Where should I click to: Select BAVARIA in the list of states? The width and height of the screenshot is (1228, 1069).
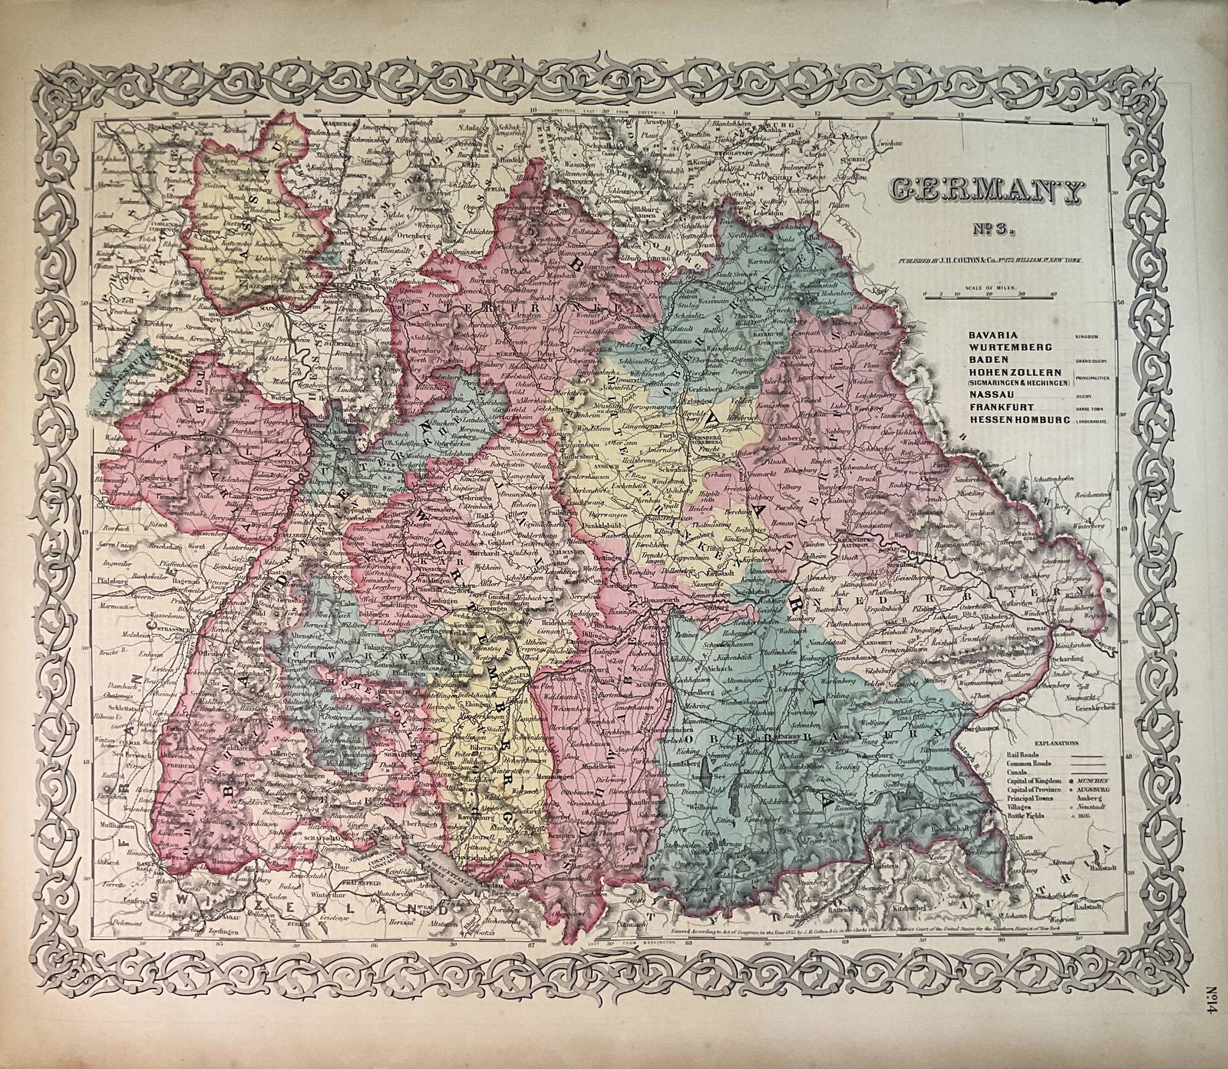coord(969,335)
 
